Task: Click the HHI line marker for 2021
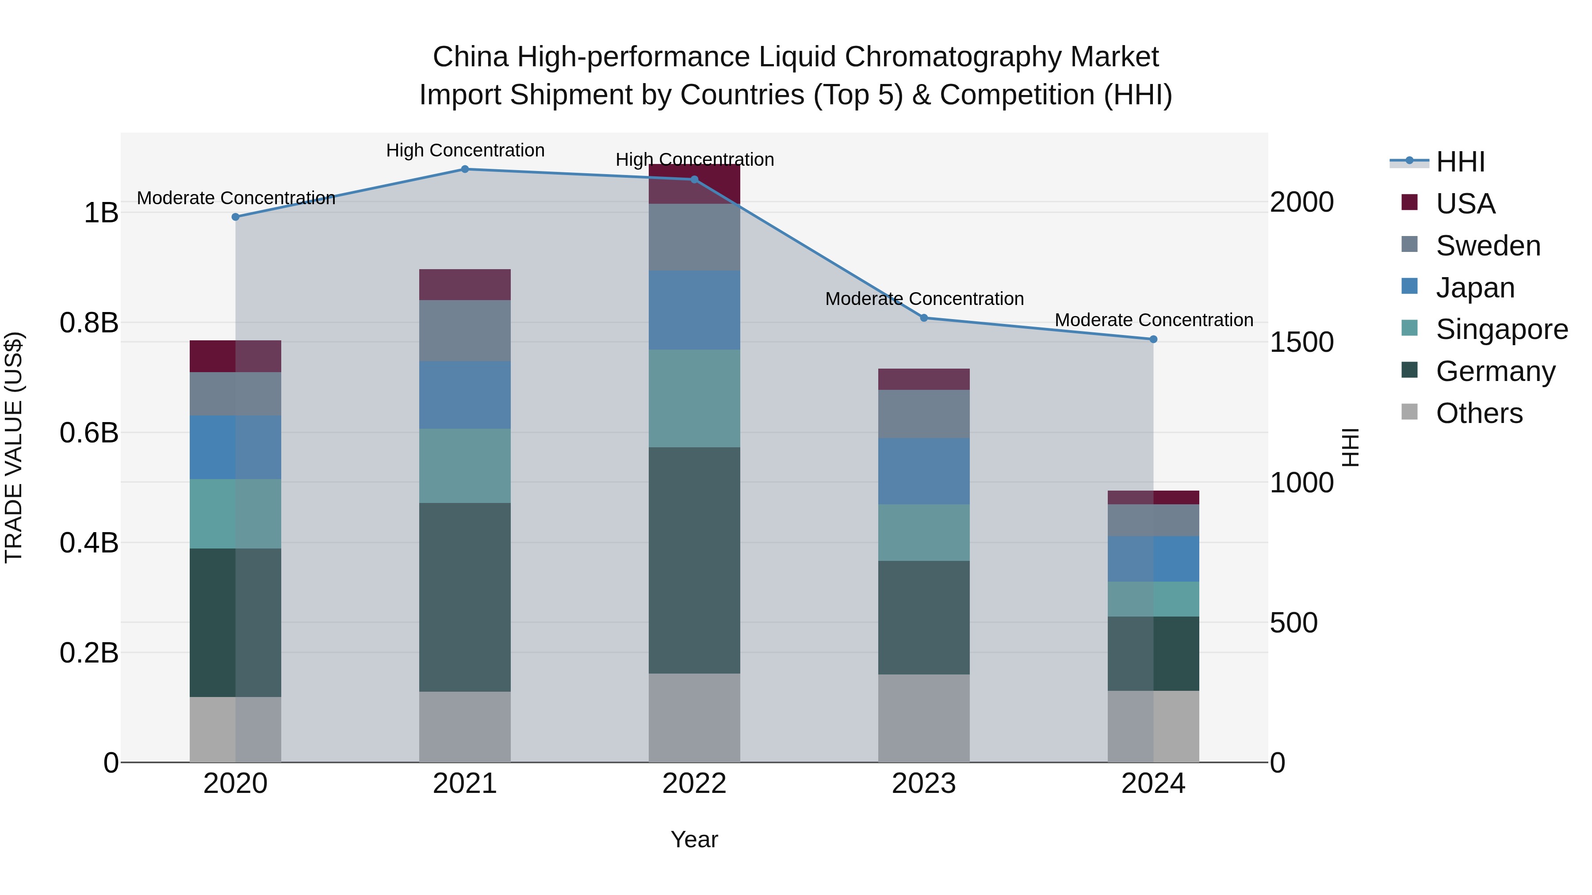tap(465, 169)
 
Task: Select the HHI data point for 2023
tap(924, 318)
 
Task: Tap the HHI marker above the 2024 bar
tap(1153, 339)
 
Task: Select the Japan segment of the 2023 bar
tap(924, 471)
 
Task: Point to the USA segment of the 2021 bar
tap(465, 285)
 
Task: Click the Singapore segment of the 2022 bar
tap(694, 398)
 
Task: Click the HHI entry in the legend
tap(1460, 162)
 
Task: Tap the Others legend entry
tap(1478, 413)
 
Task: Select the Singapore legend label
tap(1501, 329)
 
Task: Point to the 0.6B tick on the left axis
tap(89, 433)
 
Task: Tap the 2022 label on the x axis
tap(694, 784)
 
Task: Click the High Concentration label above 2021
tap(465, 150)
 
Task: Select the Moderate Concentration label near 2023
tap(924, 299)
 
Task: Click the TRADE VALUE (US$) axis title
tap(14, 447)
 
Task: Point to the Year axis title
tap(694, 839)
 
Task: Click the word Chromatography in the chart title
tap(955, 57)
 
